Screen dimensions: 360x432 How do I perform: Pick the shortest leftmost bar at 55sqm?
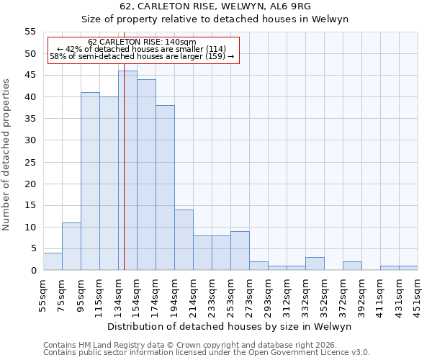[x=53, y=261]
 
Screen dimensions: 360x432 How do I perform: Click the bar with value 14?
[x=184, y=240]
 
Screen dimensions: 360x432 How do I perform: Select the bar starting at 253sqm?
[x=240, y=251]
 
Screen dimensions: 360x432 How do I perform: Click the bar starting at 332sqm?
[x=315, y=264]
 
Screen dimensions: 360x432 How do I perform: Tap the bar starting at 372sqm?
[x=352, y=266]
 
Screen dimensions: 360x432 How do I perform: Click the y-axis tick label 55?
[x=30, y=32]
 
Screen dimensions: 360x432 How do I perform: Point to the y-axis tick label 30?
[x=30, y=140]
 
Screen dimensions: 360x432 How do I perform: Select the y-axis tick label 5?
[x=32, y=248]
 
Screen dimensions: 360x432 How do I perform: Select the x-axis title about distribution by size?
[x=229, y=326]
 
